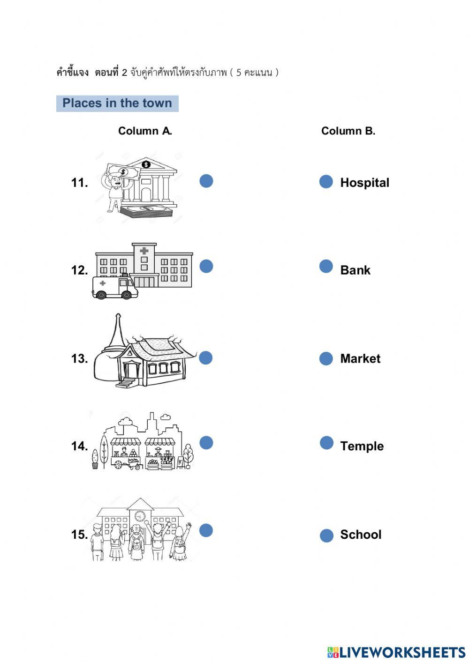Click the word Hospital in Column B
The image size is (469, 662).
[x=364, y=183]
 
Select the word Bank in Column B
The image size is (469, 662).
[x=355, y=270]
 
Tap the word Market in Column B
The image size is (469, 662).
[x=360, y=359]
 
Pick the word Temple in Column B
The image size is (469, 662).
[x=362, y=446]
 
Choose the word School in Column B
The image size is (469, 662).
[x=361, y=535]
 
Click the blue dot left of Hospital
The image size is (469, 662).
[x=326, y=182]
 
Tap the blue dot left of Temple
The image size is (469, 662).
[x=326, y=443]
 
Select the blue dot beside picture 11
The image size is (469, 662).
[x=206, y=181]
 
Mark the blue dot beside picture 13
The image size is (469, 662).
[x=206, y=358]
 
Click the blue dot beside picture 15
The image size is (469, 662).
[x=206, y=530]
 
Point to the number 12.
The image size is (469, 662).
[x=79, y=270]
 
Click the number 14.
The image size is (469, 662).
[x=79, y=446]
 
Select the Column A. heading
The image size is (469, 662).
[x=145, y=131]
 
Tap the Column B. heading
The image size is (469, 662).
[x=348, y=131]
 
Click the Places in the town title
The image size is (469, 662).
[x=117, y=104]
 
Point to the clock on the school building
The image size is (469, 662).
[x=140, y=516]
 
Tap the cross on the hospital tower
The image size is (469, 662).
[x=144, y=251]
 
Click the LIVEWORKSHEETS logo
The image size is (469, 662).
[x=396, y=652]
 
